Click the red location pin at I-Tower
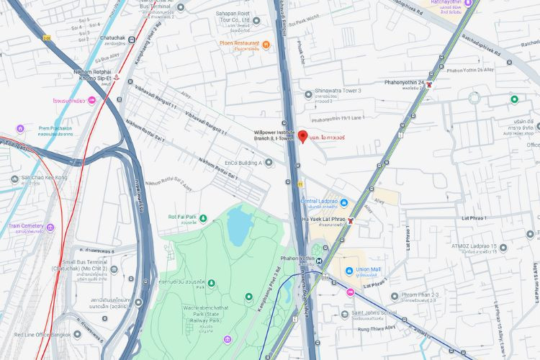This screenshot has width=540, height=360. coord(303,137)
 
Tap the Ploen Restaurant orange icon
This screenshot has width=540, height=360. coord(266,45)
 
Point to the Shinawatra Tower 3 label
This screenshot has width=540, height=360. coord(338,91)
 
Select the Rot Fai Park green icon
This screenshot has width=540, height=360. coord(203,217)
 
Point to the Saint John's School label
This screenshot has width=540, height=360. coord(372,313)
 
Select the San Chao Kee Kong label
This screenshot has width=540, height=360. coord(45,177)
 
